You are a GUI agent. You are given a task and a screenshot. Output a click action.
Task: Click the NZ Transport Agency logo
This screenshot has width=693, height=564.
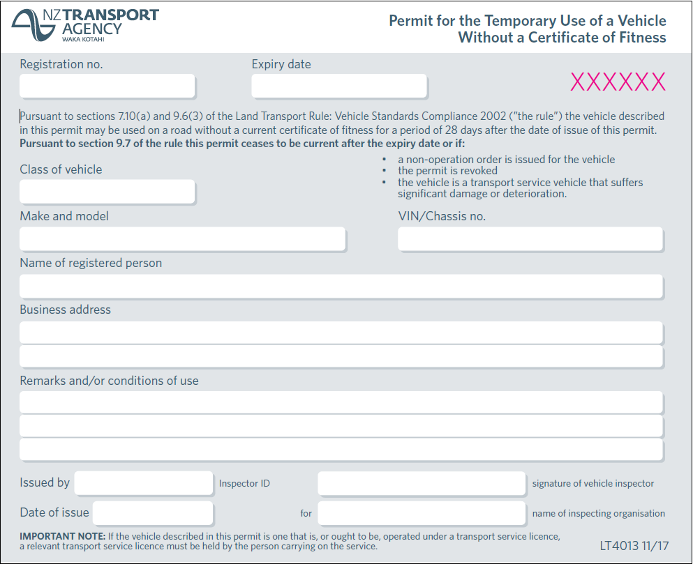tap(84, 25)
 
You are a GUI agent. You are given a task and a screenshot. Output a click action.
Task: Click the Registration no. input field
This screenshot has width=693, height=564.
tap(107, 86)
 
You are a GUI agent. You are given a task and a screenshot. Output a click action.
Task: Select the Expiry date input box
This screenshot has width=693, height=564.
tap(338, 86)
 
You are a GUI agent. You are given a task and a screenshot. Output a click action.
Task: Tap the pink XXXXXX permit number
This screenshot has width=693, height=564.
tap(618, 82)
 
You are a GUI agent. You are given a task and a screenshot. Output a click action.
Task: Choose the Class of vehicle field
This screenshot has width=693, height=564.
tap(107, 191)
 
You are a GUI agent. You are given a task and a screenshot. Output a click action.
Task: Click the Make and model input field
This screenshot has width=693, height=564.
tap(182, 238)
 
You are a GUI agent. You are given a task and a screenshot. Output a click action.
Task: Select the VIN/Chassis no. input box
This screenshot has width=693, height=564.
tap(530, 238)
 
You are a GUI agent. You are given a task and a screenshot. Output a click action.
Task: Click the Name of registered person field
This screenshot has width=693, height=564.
tap(341, 286)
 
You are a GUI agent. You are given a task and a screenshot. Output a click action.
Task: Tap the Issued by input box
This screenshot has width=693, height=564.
tap(143, 482)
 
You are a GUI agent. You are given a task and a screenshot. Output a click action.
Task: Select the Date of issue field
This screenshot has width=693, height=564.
tap(152, 512)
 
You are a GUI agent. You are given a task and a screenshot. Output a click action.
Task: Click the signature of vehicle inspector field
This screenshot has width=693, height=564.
tap(421, 482)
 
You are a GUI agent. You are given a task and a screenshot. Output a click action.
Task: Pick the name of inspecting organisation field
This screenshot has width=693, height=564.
tap(421, 512)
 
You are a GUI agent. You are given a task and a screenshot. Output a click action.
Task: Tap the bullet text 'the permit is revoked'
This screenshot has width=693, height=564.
tap(447, 171)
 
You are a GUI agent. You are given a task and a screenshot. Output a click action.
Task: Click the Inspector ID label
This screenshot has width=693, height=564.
tap(244, 484)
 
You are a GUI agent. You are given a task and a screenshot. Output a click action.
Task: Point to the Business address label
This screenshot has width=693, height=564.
tap(65, 310)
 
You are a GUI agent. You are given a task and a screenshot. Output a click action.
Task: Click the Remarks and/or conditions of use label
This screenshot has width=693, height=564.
tap(109, 381)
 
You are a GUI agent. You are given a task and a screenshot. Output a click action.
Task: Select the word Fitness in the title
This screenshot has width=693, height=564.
tap(641, 38)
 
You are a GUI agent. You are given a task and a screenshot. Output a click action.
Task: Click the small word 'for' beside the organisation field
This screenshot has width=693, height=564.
tap(306, 514)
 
